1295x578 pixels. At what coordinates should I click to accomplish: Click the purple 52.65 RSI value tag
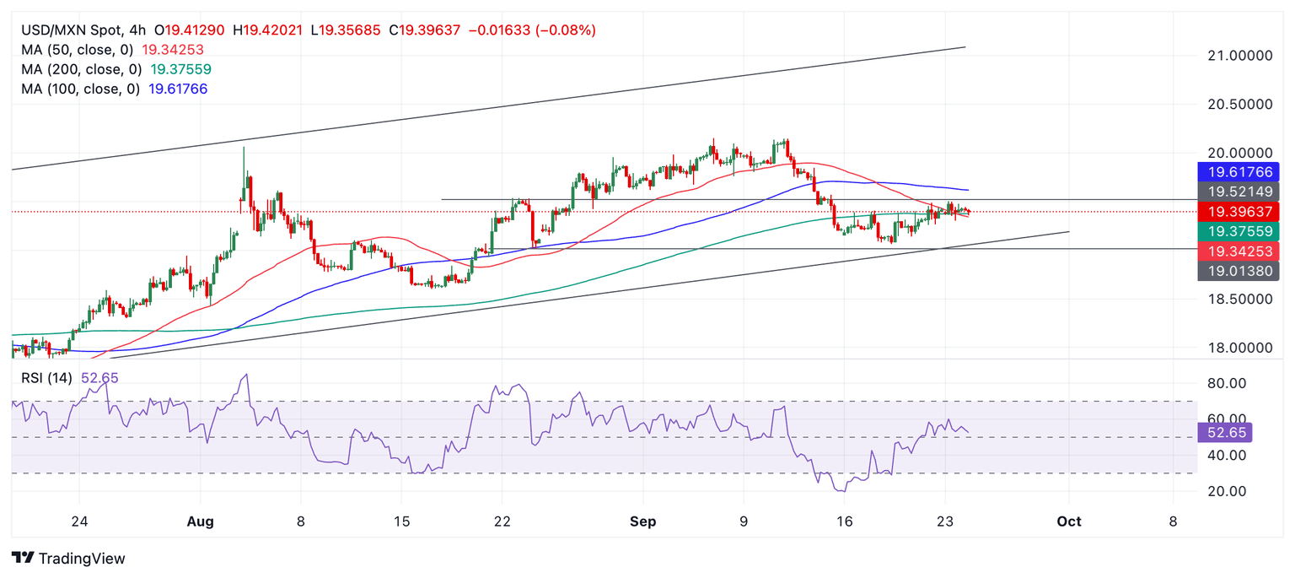(1224, 433)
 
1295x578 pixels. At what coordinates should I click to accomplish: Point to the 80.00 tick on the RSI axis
(1221, 383)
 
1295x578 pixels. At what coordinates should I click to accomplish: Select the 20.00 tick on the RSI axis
(1221, 491)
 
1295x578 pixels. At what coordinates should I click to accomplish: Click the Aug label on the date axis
(200, 521)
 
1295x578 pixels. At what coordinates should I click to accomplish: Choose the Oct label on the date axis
(1069, 521)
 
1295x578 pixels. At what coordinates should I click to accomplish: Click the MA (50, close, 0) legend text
(80, 50)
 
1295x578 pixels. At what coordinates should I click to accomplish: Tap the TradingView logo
(68, 559)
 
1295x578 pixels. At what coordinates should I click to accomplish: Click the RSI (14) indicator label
(46, 378)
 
